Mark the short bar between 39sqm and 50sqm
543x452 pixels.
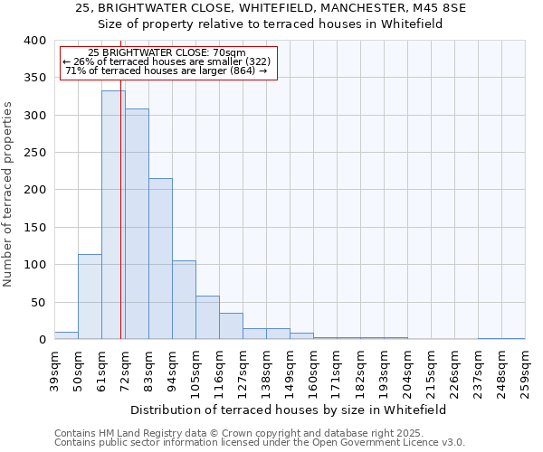pyautogui.click(x=66, y=335)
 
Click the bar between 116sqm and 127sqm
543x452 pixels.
pyautogui.click(x=231, y=326)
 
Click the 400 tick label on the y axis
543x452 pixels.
pyautogui.click(x=34, y=41)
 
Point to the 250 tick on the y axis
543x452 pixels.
pyautogui.click(x=34, y=153)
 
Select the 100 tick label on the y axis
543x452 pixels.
pyautogui.click(x=34, y=265)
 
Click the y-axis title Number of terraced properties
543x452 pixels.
pyautogui.click(x=8, y=193)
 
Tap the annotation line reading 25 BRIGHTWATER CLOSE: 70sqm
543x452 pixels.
pyautogui.click(x=167, y=52)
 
